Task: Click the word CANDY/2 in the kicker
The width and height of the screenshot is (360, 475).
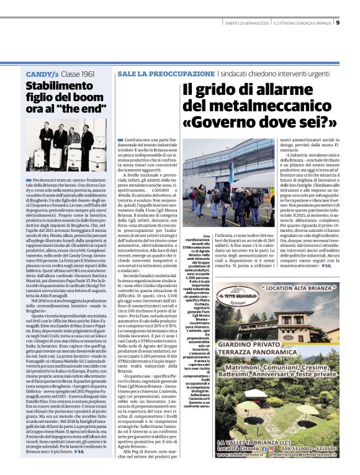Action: click(x=42, y=74)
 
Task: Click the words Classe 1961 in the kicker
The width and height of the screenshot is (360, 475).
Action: click(x=78, y=74)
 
